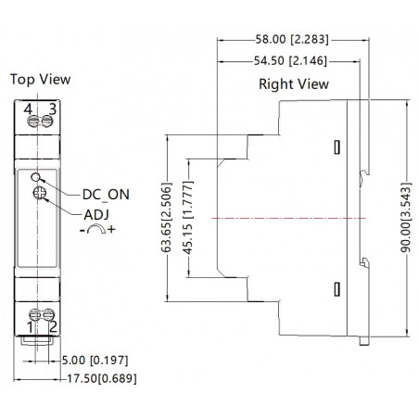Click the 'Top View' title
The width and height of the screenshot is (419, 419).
tap(40, 80)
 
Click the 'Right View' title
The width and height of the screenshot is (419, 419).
tap(294, 84)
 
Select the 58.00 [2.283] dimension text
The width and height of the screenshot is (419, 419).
tap(292, 40)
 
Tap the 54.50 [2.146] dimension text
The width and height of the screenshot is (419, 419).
tap(290, 60)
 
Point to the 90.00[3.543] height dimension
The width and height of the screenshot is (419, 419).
tap(406, 218)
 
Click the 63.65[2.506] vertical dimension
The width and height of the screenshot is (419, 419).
tap(166, 218)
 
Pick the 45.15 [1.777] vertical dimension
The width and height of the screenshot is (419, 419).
tap(187, 218)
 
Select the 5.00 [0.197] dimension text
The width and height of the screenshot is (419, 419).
tap(95, 361)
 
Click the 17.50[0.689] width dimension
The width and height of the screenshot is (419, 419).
tap(102, 378)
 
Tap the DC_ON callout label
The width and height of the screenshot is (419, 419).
tap(106, 195)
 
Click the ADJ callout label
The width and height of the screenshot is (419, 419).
tap(96, 215)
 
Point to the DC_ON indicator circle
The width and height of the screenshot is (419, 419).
tap(35, 177)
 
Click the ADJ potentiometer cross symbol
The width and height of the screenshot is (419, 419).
tap(40, 193)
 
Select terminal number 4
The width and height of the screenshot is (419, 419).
tap(28, 109)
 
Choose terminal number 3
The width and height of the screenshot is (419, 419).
tap(53, 109)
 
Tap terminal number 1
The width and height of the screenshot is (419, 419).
tap(30, 327)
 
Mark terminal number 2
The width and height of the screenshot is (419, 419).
tap(53, 327)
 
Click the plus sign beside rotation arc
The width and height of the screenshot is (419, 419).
tap(111, 229)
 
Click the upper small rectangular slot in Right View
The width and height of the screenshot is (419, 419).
tap(337, 147)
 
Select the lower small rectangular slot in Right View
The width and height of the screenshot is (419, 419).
tap(337, 289)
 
